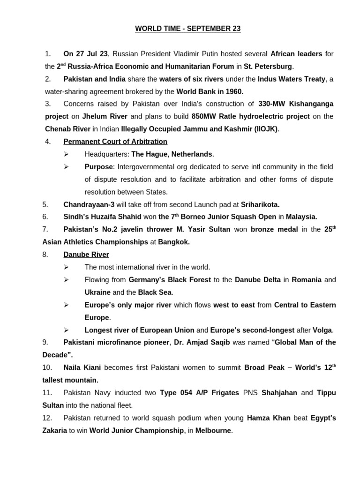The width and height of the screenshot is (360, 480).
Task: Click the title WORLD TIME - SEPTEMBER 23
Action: (x=187, y=29)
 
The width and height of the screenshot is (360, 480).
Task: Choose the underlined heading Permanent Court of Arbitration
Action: (x=115, y=141)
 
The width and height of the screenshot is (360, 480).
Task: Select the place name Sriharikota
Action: (x=260, y=204)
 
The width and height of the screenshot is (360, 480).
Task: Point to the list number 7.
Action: (x=45, y=229)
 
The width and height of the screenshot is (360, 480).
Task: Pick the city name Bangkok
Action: (x=174, y=242)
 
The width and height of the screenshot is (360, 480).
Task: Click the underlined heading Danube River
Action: (x=86, y=255)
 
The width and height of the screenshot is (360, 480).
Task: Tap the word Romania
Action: (x=307, y=280)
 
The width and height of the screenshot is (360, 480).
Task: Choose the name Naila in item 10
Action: (x=73, y=367)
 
